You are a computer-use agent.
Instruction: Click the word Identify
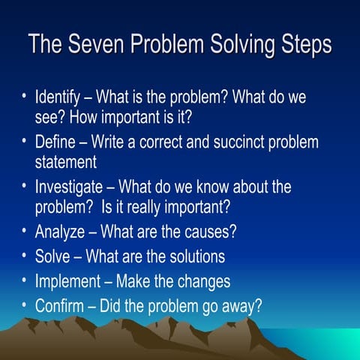[61, 98]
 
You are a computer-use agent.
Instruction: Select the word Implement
[68, 281]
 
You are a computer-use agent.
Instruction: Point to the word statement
[66, 161]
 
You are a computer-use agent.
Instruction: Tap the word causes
[209, 232]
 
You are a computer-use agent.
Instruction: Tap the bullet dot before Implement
[25, 280]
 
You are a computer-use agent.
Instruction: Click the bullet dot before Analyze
[25, 231]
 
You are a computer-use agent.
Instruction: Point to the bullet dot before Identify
[25, 97]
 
